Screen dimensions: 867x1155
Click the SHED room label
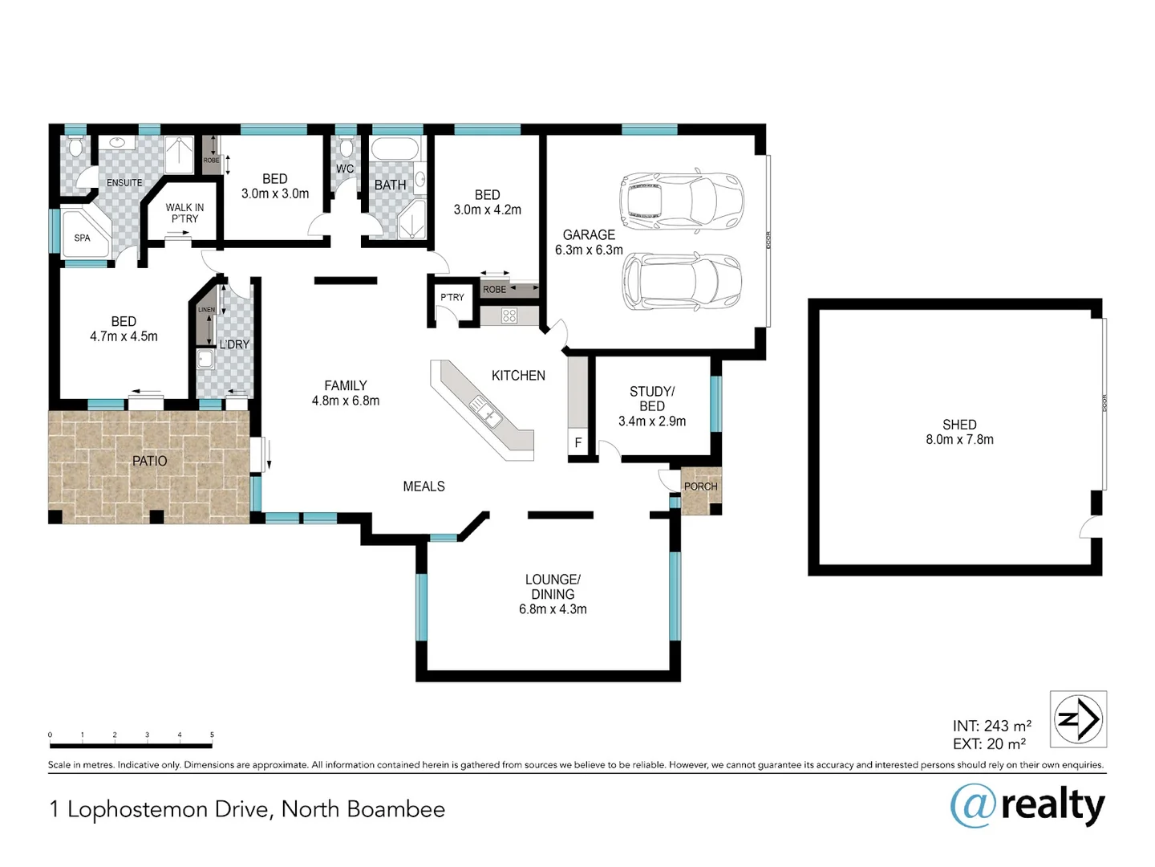pyautogui.click(x=959, y=425)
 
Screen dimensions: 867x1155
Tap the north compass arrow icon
pyautogui.click(x=1079, y=718)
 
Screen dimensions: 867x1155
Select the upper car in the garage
pyautogui.click(x=681, y=197)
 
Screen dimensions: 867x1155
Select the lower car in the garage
pyautogui.click(x=681, y=282)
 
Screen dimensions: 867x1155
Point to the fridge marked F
pyautogui.click(x=577, y=442)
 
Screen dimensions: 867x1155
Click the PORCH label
pyautogui.click(x=700, y=486)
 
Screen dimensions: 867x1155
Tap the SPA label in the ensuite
pyautogui.click(x=82, y=238)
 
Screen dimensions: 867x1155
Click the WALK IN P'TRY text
pyautogui.click(x=184, y=213)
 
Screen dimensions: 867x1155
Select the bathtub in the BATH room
pyautogui.click(x=395, y=150)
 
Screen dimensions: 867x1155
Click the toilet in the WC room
pyautogui.click(x=346, y=148)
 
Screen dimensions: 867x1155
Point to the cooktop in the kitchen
pyautogui.click(x=509, y=315)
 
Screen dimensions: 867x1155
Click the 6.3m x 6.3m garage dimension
pyautogui.click(x=589, y=250)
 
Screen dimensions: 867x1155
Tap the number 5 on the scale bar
pyautogui.click(x=212, y=735)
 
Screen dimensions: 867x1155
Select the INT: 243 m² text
pyautogui.click(x=991, y=726)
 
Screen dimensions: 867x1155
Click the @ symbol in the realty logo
pyautogui.click(x=974, y=805)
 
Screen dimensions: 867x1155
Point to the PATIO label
pyautogui.click(x=149, y=461)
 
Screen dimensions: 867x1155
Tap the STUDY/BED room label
pyautogui.click(x=651, y=399)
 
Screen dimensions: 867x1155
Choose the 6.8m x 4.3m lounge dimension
pyautogui.click(x=553, y=609)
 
